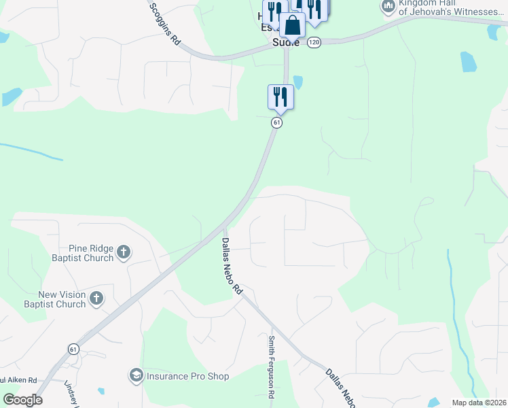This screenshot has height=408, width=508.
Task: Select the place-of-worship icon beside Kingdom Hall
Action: [x=388, y=7]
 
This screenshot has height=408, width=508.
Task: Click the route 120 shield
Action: [x=313, y=42]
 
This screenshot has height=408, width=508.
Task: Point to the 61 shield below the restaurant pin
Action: [x=276, y=122]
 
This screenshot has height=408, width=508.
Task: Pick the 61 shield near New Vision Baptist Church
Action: [x=73, y=348]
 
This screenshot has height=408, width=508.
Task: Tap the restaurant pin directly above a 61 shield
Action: [x=280, y=97]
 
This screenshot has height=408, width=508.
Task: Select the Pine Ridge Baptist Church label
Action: [x=81, y=253]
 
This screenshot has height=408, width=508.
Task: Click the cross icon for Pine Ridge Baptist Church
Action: [x=123, y=253]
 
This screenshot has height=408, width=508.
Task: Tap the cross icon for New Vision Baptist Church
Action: [x=96, y=298]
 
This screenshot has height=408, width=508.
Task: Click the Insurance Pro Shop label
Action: [x=187, y=376]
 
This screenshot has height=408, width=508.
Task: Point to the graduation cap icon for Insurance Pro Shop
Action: [x=136, y=375]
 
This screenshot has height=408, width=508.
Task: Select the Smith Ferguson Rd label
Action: [x=271, y=367]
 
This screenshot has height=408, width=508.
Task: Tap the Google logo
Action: [x=22, y=399]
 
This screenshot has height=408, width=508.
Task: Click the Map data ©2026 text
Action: [x=479, y=403]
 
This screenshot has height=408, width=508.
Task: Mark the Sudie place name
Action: [x=285, y=42]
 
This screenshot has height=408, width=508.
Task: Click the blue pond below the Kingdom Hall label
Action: [x=468, y=62]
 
